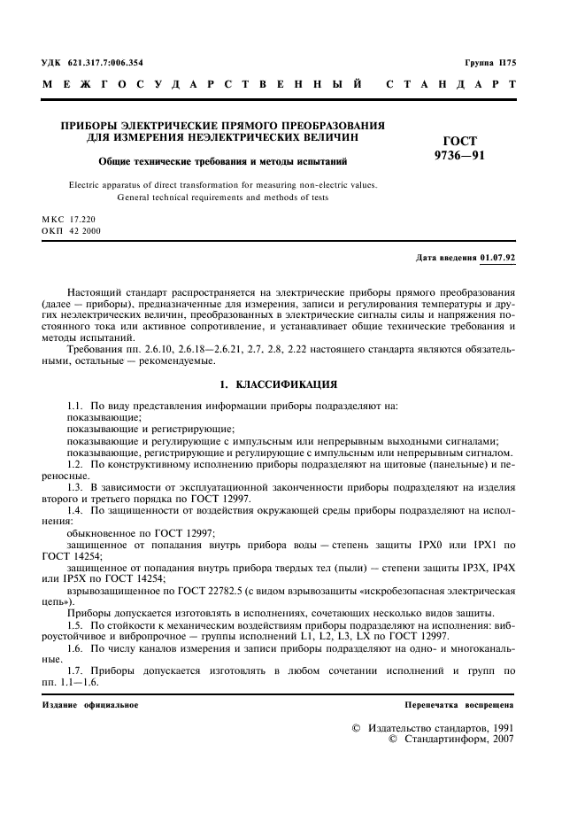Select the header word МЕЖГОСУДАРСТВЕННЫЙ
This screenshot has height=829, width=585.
(x=202, y=86)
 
